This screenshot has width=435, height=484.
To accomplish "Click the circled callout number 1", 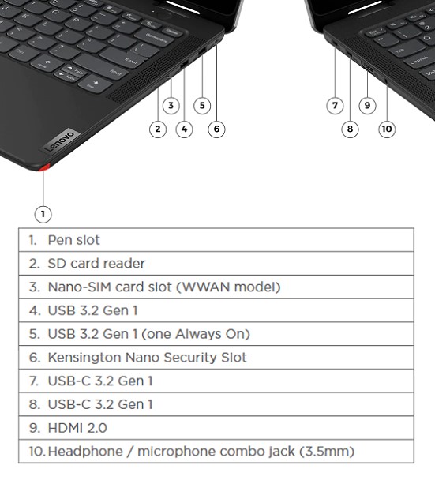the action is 43,214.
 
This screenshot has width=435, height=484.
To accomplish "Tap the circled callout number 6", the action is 216,129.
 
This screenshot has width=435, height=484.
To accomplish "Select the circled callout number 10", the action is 387,129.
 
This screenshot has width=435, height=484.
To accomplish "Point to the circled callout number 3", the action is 171,106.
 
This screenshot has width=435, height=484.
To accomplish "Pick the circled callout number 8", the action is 350,129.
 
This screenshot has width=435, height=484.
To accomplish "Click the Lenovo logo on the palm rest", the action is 59,141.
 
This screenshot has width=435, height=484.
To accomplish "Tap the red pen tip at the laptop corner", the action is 44,167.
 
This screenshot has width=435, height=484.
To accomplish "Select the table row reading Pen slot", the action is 216,240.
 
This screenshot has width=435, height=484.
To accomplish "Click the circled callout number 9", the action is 367,106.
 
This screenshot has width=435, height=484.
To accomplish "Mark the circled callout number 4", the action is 184,129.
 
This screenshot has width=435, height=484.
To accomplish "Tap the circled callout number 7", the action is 335,106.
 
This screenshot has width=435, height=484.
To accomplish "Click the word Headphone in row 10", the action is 85,452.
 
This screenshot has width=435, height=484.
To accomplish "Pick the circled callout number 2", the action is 158,129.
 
